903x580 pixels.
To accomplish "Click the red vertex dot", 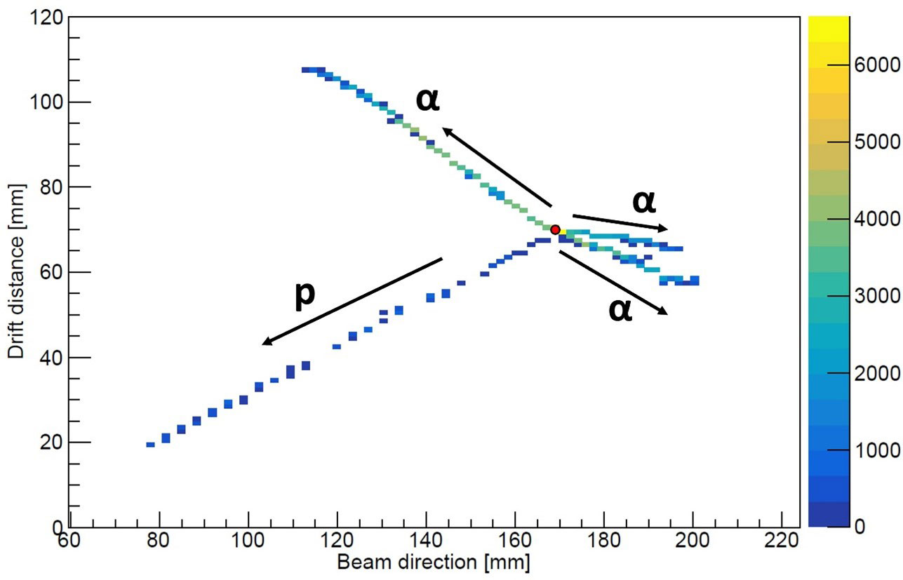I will click(x=555, y=229).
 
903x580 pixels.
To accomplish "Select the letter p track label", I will click(x=305, y=295).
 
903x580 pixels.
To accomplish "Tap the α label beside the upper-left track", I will click(x=427, y=100).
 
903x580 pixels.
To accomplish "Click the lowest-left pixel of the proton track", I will click(x=150, y=444).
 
